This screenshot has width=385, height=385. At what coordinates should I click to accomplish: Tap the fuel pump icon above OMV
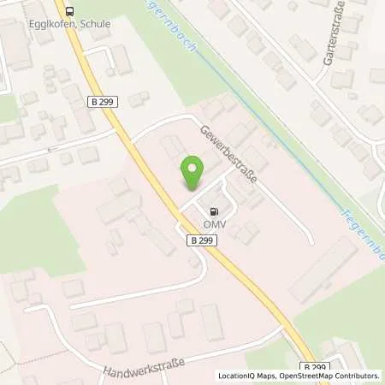[x=212, y=211]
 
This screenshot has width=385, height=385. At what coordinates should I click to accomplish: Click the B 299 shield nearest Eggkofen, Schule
[x=103, y=101]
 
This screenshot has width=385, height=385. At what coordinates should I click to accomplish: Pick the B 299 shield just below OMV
[x=202, y=241]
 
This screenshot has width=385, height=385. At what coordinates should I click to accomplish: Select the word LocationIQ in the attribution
[x=234, y=376]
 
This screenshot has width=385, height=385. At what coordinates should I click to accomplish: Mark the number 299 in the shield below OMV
[x=206, y=241]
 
